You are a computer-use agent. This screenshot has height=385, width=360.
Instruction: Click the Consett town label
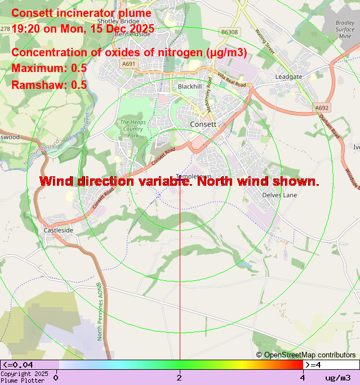click(203, 124)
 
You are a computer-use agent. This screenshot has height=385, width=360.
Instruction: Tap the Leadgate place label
click(289, 77)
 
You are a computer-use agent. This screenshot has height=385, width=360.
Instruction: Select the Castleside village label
click(59, 231)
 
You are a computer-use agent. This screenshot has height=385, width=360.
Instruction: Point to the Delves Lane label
click(279, 195)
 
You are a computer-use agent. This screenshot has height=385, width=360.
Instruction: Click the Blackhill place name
click(189, 87)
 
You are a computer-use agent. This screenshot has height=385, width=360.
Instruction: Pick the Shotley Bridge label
click(118, 21)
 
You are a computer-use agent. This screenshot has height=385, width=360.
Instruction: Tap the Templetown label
click(193, 176)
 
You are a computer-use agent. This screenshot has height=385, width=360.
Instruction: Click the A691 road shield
click(129, 64)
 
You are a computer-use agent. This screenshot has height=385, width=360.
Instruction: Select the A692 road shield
click(322, 108)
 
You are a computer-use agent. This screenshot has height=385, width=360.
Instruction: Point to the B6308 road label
click(229, 32)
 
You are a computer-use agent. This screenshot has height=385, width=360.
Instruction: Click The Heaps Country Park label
click(133, 128)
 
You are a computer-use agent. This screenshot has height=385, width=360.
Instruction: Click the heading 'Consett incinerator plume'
click(82, 14)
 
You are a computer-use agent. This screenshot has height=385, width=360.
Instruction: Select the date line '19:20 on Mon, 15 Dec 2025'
click(83, 29)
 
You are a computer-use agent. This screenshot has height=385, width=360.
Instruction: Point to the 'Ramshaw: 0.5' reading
click(49, 85)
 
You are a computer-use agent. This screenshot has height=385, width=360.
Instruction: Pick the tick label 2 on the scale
click(179, 378)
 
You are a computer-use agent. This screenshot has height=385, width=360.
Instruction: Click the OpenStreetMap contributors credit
click(306, 355)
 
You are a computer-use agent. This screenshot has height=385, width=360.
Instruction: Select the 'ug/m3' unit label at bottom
click(338, 378)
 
